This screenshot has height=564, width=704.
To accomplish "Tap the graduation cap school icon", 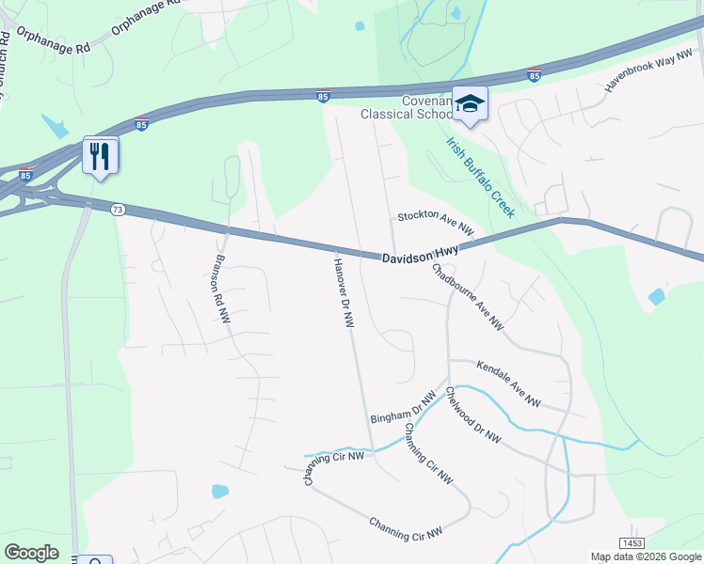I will pos(470,104).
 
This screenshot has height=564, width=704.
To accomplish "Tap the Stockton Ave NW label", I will pos(434,222).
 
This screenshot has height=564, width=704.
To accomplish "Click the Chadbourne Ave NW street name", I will pos(468,296).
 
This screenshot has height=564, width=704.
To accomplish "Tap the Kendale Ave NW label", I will pos(508,384).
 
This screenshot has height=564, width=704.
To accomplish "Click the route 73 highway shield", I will pos(118,209).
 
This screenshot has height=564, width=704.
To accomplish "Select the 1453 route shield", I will pos(632,543).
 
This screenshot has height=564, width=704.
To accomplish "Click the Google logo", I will pos(31,553).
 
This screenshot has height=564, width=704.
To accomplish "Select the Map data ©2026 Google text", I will pos(646,556).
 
